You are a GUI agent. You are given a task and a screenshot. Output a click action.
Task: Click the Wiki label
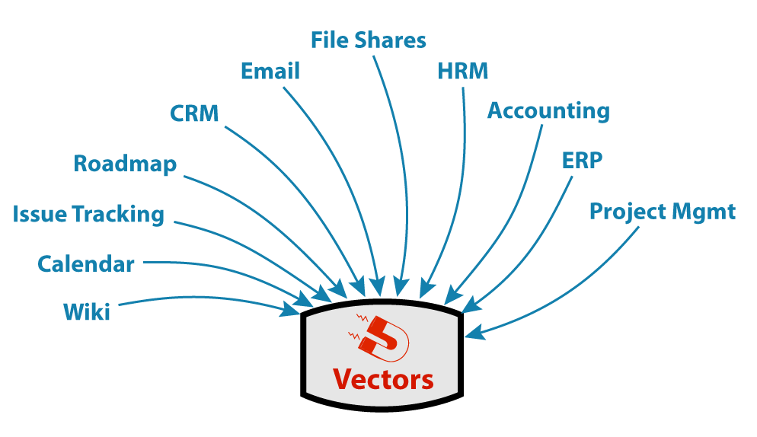(x=87, y=312)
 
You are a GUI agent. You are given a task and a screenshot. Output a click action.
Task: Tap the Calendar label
(x=86, y=264)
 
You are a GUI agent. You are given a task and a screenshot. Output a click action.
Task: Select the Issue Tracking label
(x=88, y=215)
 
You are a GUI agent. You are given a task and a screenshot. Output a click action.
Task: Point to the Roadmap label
(x=125, y=164)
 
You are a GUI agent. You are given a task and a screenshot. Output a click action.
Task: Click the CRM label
(x=194, y=114)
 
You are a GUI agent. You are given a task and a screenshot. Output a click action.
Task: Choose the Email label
(x=270, y=71)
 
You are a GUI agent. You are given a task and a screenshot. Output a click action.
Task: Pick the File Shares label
(x=369, y=40)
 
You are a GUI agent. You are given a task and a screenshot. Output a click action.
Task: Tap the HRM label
(x=462, y=71)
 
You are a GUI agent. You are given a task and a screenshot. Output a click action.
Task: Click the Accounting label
(x=548, y=111)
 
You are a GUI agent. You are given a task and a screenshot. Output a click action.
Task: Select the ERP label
(x=583, y=161)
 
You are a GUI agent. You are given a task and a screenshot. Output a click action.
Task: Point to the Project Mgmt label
(x=663, y=212)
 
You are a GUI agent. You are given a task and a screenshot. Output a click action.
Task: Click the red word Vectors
(x=383, y=380)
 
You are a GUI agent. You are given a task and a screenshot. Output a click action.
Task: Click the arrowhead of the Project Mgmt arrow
(x=474, y=333)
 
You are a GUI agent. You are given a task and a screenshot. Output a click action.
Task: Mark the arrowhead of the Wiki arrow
(x=290, y=309)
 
